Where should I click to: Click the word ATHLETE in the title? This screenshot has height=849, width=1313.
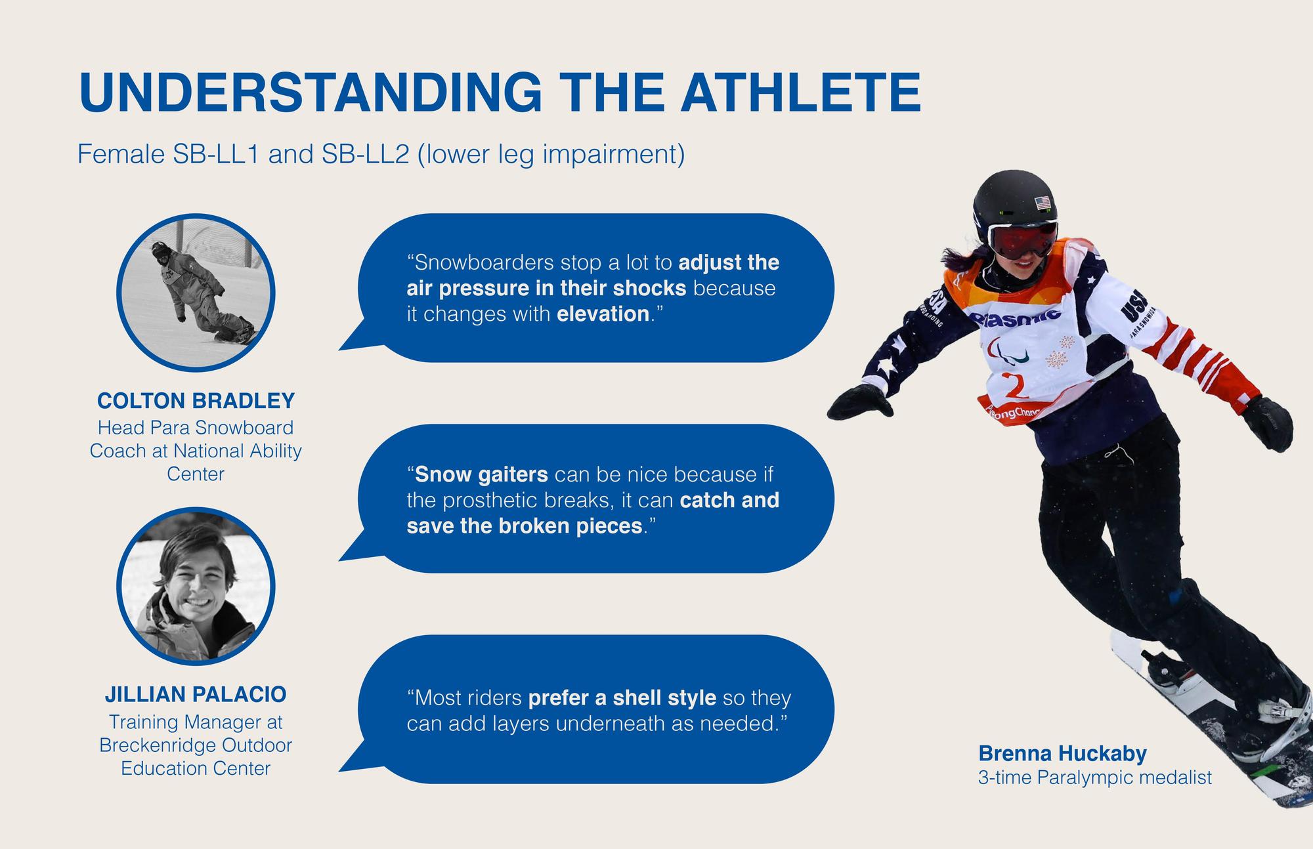click(x=800, y=93)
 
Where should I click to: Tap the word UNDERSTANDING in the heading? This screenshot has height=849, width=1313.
click(x=310, y=93)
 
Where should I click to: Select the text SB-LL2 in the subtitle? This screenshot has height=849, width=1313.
click(x=372, y=155)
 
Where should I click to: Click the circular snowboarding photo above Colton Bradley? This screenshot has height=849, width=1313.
click(x=196, y=293)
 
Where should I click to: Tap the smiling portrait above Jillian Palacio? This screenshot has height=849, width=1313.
click(x=196, y=587)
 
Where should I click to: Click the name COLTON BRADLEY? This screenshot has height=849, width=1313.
click(x=196, y=400)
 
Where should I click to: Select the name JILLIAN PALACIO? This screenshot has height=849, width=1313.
click(x=196, y=694)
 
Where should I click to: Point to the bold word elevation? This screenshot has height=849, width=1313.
click(x=603, y=314)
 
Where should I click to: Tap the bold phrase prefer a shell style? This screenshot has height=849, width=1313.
click(x=622, y=697)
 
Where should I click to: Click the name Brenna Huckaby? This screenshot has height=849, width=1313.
click(x=1062, y=753)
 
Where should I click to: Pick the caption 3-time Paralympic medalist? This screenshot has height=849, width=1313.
click(x=1094, y=778)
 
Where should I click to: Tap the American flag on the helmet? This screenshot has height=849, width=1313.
click(x=1043, y=203)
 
